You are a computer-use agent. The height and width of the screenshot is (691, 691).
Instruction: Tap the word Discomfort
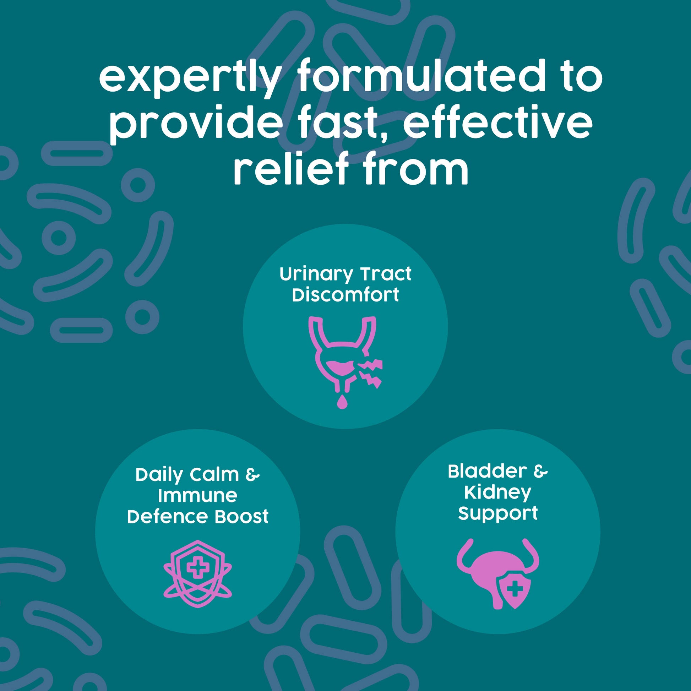pyautogui.click(x=345, y=295)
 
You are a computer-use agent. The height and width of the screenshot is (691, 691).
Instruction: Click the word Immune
pyautogui.click(x=197, y=496)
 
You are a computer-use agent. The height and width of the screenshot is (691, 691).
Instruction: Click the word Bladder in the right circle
pyautogui.click(x=487, y=472)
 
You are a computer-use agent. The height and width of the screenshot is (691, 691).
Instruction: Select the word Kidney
pyautogui.click(x=497, y=493)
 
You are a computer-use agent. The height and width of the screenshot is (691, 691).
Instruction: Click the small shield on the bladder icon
pyautogui.click(x=515, y=591)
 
